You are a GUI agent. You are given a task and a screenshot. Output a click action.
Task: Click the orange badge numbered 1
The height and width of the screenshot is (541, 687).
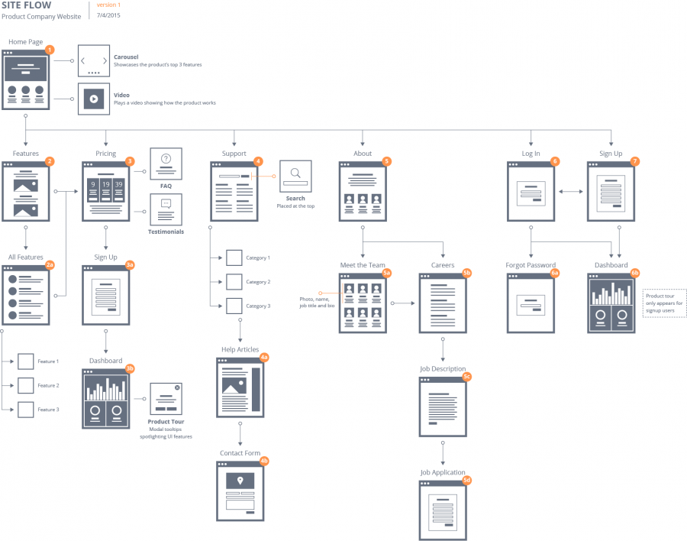(50, 50)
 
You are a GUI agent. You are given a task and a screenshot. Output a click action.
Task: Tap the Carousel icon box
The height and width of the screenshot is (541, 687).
(94, 60)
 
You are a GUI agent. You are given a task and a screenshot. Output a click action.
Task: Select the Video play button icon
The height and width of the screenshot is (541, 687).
(94, 99)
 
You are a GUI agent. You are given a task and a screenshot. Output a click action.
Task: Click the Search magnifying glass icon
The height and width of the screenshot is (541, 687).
(295, 176)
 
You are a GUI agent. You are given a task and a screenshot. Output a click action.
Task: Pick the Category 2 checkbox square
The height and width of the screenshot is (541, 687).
(234, 282)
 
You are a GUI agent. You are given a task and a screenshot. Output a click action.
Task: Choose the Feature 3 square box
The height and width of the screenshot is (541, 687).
(26, 410)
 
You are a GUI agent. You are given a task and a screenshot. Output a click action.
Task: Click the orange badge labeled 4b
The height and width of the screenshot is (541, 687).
(264, 461)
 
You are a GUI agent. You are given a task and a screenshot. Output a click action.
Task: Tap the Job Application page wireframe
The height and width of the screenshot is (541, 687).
(443, 510)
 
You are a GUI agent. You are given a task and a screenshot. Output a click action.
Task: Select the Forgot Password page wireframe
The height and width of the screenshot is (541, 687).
(531, 304)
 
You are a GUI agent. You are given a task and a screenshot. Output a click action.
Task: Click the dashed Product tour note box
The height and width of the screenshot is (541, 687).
(664, 302)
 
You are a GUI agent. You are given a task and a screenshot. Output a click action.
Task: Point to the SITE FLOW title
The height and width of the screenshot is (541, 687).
(27, 5)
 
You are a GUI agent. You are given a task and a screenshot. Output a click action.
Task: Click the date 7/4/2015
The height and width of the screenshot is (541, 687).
(108, 15)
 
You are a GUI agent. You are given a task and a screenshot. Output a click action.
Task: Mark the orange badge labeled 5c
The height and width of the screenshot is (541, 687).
(466, 376)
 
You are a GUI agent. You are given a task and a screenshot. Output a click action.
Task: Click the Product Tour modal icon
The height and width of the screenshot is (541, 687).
(166, 399)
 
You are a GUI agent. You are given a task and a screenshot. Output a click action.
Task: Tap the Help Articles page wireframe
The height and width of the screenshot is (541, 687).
(240, 388)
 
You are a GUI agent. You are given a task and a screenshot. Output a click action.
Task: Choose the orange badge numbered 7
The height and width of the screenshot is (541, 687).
(635, 161)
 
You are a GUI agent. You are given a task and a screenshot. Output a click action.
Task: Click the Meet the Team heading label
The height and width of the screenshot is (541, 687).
(363, 265)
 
